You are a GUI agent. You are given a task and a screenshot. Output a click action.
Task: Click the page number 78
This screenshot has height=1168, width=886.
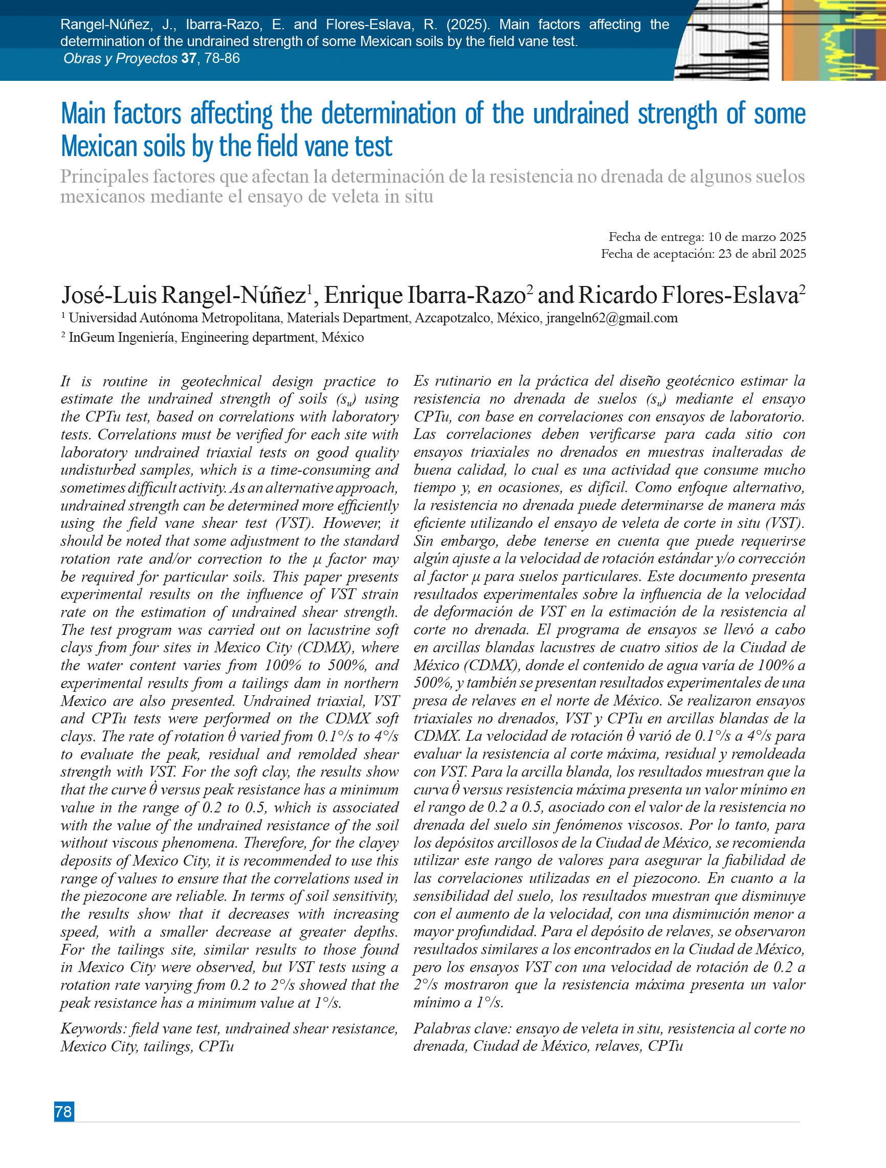63,1112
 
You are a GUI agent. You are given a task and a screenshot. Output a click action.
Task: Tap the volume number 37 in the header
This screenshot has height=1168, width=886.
188,58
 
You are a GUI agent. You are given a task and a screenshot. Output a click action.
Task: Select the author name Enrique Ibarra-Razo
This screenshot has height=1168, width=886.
425,295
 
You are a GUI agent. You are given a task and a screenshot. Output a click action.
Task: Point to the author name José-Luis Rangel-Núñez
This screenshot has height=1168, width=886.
184,295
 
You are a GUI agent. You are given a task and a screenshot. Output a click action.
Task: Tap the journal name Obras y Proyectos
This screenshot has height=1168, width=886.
120,58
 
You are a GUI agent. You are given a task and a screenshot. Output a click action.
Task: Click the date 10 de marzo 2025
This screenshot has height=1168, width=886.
757,236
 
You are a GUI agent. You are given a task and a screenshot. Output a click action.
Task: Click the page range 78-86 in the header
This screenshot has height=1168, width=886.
222,58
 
